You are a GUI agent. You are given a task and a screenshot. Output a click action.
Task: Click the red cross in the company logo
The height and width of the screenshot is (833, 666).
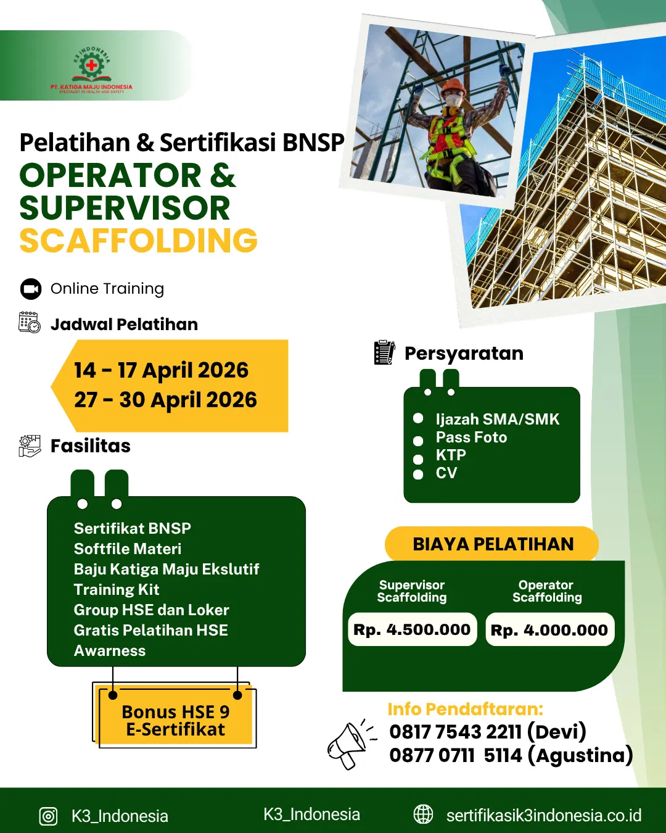coord(91,65)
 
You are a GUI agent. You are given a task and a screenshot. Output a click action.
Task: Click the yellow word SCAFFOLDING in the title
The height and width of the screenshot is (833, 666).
coord(139,240)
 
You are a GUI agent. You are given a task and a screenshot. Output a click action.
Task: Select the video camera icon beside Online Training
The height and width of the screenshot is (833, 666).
coord(31,289)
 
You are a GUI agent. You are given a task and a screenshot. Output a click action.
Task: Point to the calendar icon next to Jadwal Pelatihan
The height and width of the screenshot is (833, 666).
coord(30,322)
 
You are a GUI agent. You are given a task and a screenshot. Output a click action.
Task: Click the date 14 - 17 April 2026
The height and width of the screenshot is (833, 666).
coord(161,370)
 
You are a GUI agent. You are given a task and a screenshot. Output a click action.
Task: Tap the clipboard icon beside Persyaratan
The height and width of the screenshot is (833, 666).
coord(384,352)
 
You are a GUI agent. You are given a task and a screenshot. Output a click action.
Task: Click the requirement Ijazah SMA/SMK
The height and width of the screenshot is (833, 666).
coord(497,419)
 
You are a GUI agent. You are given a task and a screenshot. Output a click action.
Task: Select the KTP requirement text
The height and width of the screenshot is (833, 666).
coord(451,455)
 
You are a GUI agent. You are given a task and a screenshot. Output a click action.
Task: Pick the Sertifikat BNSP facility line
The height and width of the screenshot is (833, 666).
coord(133,528)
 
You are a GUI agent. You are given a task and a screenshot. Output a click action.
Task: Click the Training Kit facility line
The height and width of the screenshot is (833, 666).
coord(117,589)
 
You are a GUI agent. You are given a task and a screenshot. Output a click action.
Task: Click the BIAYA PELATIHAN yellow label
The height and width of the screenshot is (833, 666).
coord(492,544)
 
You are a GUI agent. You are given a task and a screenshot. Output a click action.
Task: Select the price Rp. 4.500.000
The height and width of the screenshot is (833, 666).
coord(412,629)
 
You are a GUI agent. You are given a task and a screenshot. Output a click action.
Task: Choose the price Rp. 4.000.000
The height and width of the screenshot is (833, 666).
coord(549,629)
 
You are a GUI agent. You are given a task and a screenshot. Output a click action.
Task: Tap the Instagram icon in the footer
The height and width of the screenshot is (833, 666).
coord(48,816)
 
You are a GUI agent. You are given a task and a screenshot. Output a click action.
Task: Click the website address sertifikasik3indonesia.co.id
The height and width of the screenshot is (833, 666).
coord(544,815)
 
